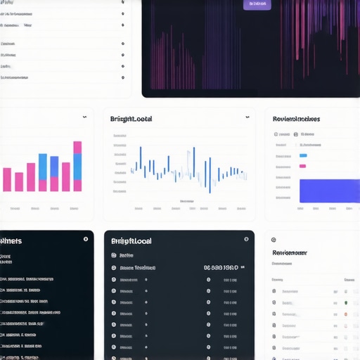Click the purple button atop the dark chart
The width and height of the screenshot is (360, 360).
pyautogui.click(x=257, y=4)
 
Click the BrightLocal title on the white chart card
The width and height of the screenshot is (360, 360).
pyautogui.click(x=131, y=119)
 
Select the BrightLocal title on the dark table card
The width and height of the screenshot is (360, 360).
pyautogui.click(x=132, y=240)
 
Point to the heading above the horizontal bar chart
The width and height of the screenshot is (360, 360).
pyautogui.click(x=296, y=119)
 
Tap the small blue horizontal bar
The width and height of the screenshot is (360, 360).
pyautogui.click(x=303, y=155)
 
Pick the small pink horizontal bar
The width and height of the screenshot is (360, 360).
pyautogui.click(x=303, y=167)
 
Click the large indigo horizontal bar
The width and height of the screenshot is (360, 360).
pyautogui.click(x=329, y=191)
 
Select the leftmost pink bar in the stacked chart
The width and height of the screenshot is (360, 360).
pyautogui.click(x=7, y=179)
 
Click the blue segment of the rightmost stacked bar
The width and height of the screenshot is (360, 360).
pyautogui.click(x=77, y=167)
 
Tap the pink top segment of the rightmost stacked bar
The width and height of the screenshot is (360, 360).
pyautogui.click(x=77, y=147)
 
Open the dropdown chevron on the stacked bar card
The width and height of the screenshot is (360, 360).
pyautogui.click(x=84, y=117)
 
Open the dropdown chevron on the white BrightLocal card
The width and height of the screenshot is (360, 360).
pyautogui.click(x=247, y=117)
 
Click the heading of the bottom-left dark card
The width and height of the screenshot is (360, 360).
pyautogui.click(x=11, y=240)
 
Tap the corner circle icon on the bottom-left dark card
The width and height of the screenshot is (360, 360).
pyautogui.click(x=86, y=239)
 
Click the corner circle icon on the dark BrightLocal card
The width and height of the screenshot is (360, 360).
pyautogui.click(x=245, y=239)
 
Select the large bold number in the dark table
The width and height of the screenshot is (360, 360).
pyautogui.click(x=220, y=268)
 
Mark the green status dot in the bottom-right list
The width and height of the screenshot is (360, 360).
pyautogui.click(x=346, y=302)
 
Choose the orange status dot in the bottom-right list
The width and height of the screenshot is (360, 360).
pyautogui.click(x=346, y=314)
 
